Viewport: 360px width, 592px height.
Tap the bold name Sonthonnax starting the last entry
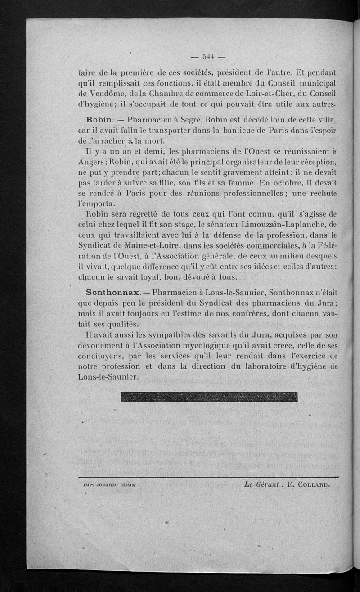click(104, 292)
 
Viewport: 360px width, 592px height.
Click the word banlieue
click(242, 131)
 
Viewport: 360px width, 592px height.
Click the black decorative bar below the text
click(209, 397)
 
